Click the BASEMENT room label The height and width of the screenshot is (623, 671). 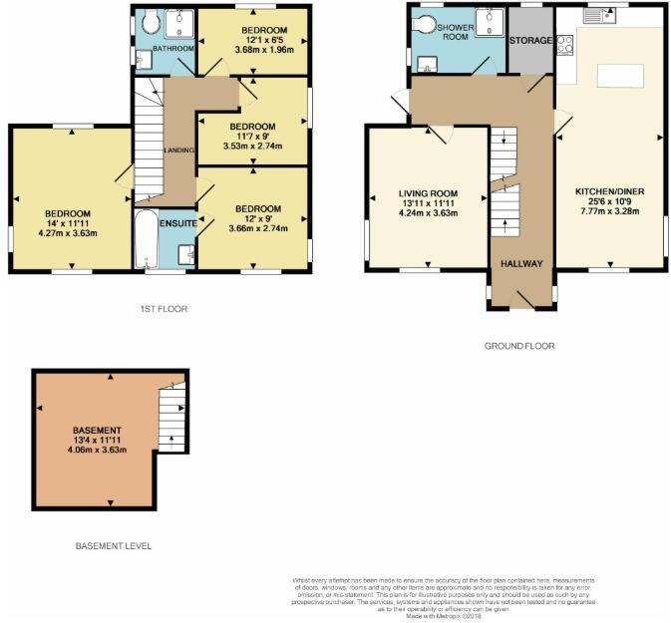coord(96,430)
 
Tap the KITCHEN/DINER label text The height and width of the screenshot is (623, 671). coord(609,190)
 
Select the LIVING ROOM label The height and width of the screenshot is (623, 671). coord(427,192)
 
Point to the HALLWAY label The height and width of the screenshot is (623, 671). coord(520,264)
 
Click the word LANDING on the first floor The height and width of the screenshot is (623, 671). coord(177,151)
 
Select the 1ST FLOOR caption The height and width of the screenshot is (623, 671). coord(163,309)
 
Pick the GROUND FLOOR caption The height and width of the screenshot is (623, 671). coord(519,346)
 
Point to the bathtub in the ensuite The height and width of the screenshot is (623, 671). coord(146,240)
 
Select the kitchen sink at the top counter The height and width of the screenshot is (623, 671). coord(596,14)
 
